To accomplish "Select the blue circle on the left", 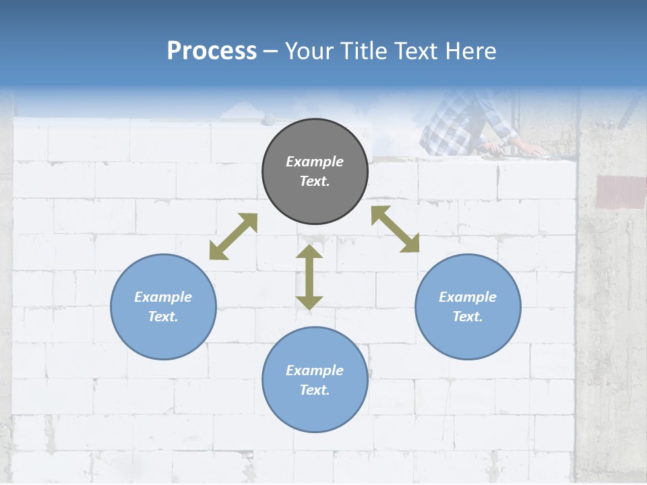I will coord(163,306).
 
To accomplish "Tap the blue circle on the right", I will coord(468,306).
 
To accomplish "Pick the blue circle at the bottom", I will coord(315,380).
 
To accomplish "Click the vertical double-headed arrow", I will coord(309,277).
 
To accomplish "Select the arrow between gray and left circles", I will coord(233,236).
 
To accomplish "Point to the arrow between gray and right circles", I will coord(395,229).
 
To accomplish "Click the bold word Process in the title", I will coord(212,51).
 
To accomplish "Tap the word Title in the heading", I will coord(365,51).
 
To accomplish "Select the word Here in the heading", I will coord(472,51).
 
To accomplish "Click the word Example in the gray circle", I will coord(315,162).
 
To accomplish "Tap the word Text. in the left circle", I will coord(163,317).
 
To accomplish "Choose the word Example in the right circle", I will coord(468,297).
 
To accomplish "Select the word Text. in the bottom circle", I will coord(315,390).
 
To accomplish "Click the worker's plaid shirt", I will coord(458,125).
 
